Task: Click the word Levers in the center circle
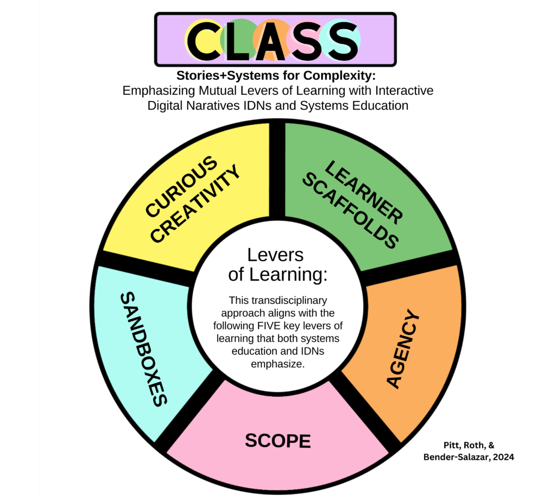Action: pos(275,256)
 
